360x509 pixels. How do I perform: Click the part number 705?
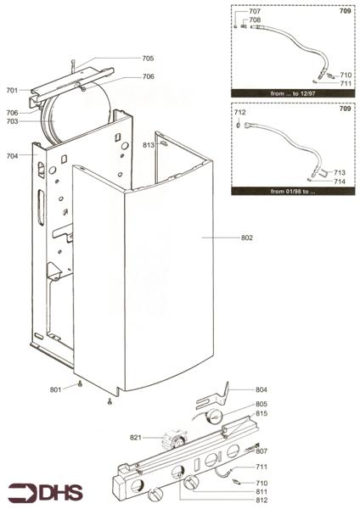tap(148, 59)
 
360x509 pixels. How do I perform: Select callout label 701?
tap(12, 90)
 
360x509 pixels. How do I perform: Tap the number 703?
tap(12, 121)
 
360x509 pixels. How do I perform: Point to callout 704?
tap(12, 156)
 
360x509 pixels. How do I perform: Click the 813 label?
tap(148, 145)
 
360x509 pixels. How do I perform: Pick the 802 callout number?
tap(247, 238)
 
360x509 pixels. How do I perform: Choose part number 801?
tap(56, 389)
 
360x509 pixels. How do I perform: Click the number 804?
tap(262, 389)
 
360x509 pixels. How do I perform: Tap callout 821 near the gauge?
tap(136, 438)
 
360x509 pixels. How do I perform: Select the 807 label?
tap(262, 450)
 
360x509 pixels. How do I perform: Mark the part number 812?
tap(262, 501)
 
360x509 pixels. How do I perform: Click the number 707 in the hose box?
tap(255, 11)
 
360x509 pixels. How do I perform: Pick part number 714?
tap(340, 182)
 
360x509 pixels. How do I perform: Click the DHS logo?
tap(42, 492)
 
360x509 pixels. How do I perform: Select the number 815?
tap(262, 413)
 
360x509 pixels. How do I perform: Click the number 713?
tap(340, 172)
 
